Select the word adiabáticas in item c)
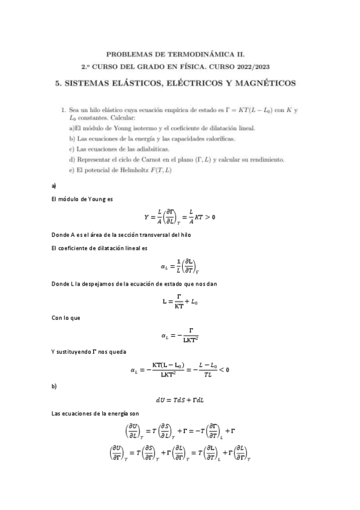[x=151, y=149]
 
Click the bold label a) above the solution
[x=54, y=186]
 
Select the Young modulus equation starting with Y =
[x=180, y=217]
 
